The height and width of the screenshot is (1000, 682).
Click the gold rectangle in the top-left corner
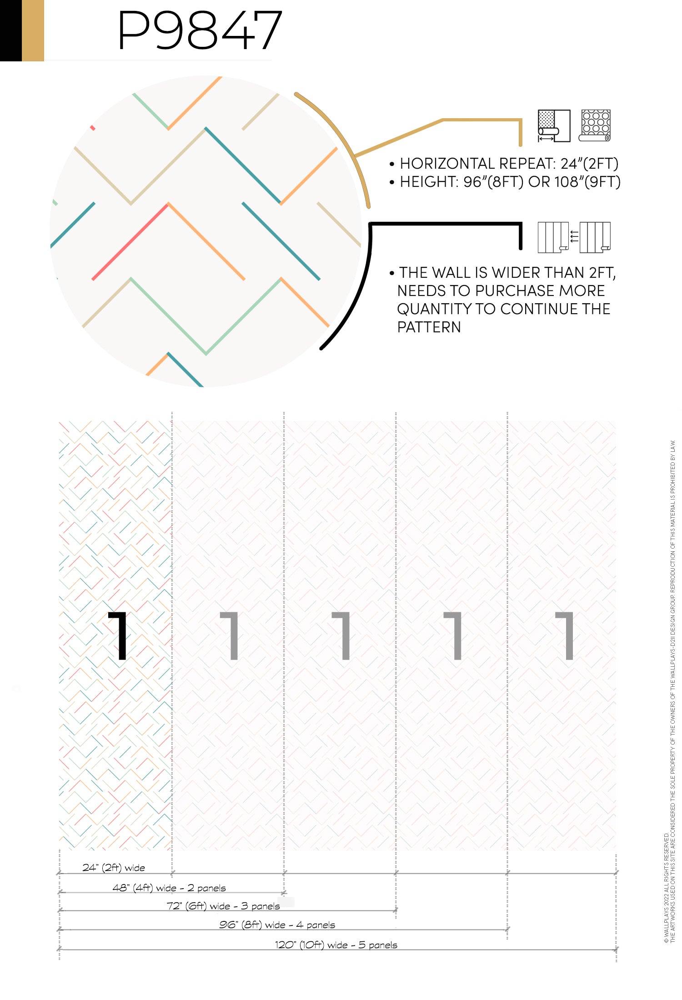33,30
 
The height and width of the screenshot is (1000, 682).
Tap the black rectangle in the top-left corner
11,30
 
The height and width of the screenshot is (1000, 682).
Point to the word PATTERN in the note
429,327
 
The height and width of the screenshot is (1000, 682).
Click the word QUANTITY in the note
434,309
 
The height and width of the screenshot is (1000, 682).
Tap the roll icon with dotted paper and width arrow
554,126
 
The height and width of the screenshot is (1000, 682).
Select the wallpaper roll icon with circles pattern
595,125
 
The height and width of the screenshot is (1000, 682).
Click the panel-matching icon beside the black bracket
574,237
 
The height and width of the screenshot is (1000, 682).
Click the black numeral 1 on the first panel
118,635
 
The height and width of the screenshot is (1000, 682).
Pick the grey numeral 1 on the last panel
565,635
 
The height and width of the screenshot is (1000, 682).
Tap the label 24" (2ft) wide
114,868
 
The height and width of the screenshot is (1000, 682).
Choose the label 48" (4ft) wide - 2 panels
169,888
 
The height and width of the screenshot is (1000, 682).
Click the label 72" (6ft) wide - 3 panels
223,906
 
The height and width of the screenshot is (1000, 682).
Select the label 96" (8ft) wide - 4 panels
277,925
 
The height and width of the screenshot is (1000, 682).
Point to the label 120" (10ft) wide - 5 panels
336,945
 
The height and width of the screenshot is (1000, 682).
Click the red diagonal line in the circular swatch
130,241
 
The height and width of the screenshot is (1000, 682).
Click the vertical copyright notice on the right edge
670,691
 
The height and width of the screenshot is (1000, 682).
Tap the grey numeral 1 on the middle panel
341,635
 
